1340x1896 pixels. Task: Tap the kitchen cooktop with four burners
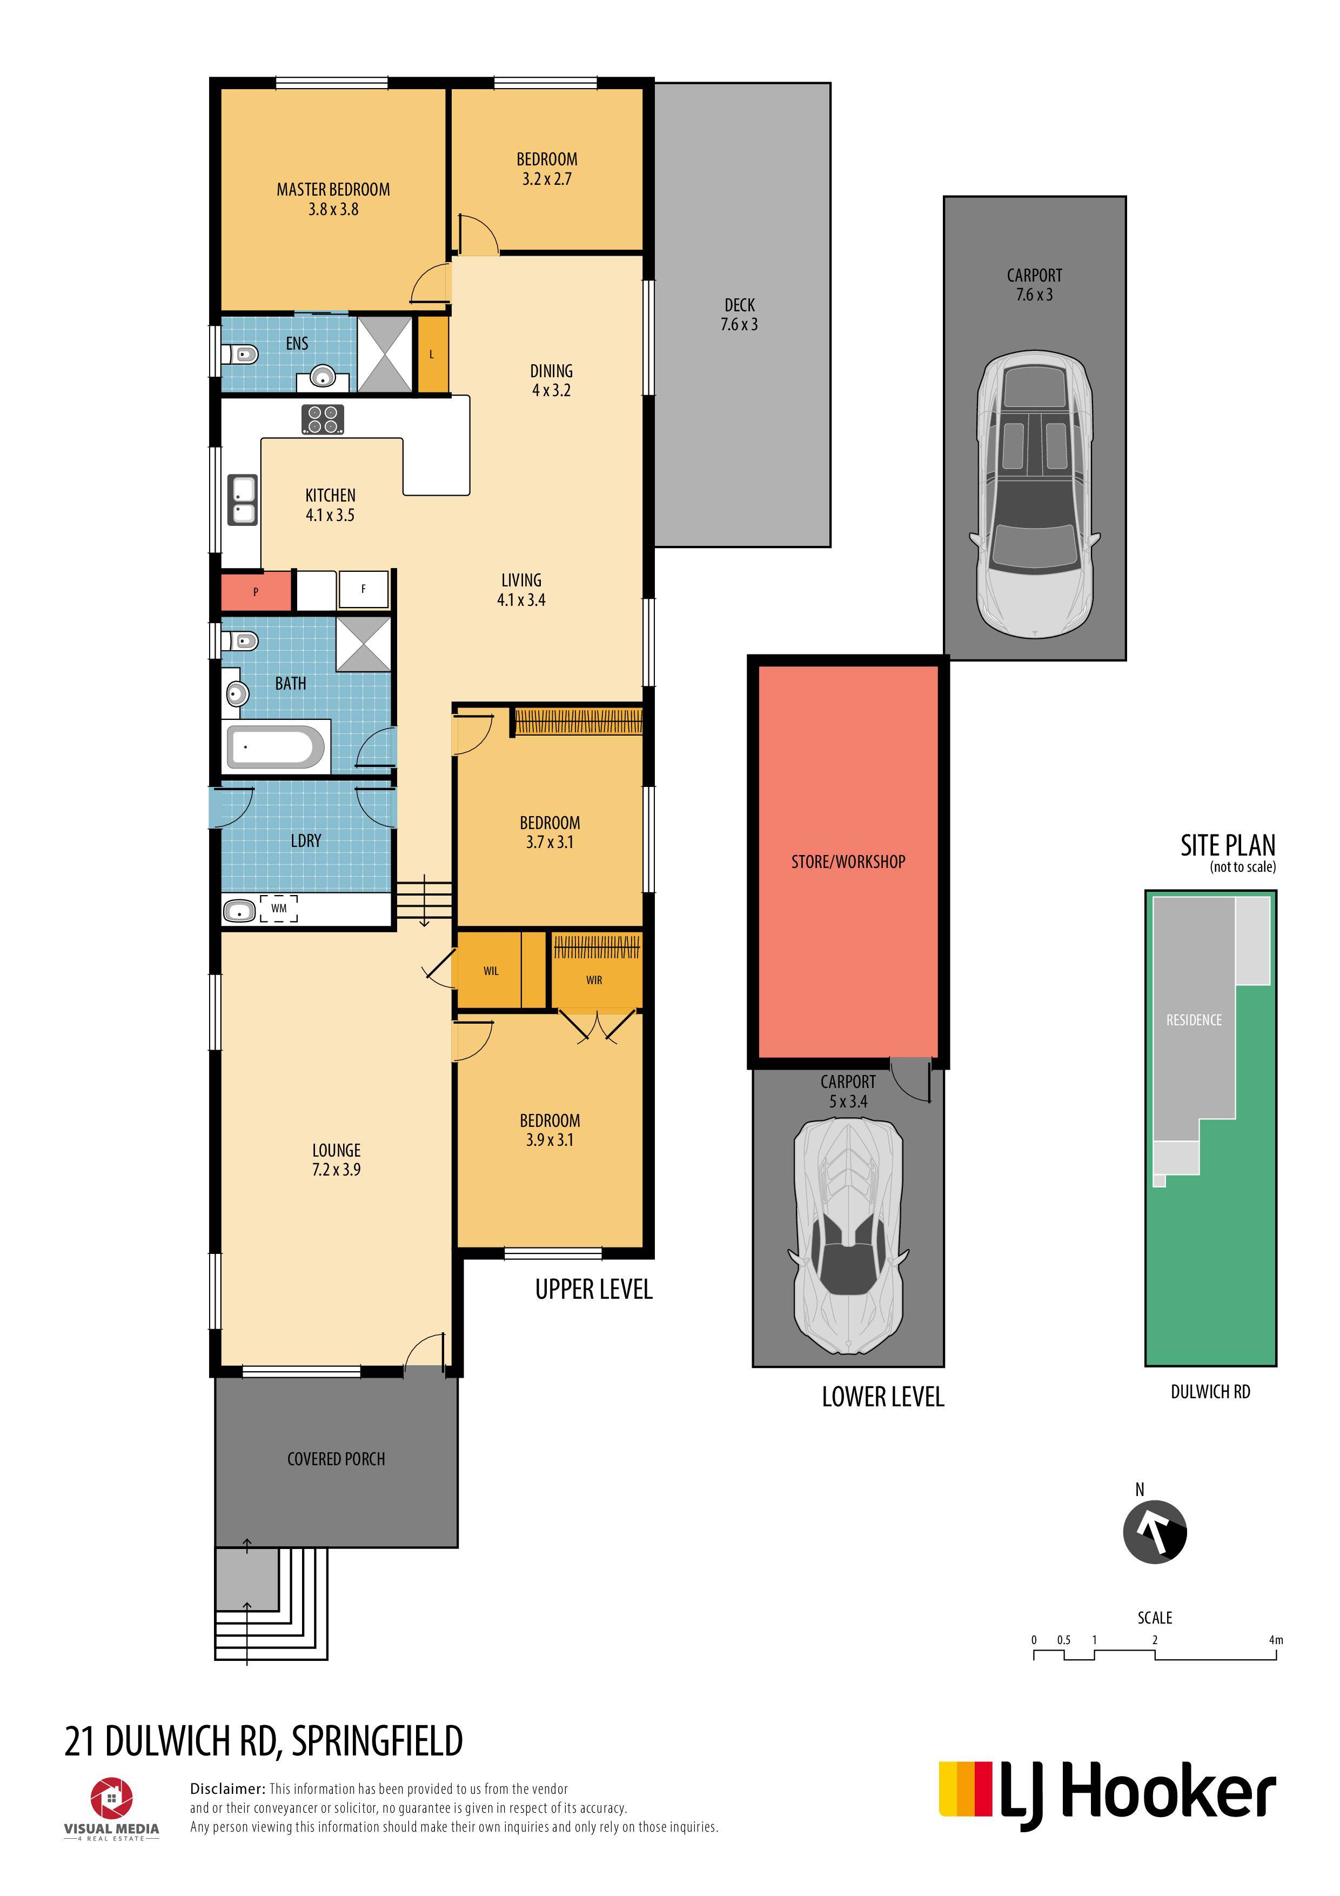tap(323, 419)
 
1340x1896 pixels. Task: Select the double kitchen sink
tap(243, 500)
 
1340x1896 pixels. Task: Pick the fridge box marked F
tap(363, 590)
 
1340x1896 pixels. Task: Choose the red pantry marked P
tap(256, 591)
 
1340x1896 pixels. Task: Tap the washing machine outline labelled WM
tap(279, 909)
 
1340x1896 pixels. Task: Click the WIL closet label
tap(491, 971)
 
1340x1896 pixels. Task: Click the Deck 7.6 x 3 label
tap(739, 315)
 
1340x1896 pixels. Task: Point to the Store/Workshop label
tap(848, 862)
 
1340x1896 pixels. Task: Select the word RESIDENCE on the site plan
tap(1194, 1020)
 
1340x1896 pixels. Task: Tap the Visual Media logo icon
tap(111, 1799)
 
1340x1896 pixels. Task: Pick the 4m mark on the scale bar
tap(1276, 1640)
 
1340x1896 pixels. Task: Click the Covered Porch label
tap(336, 1459)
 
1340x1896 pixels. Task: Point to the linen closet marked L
tap(432, 355)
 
